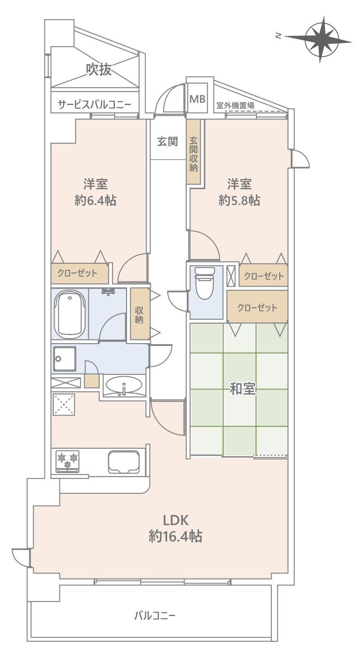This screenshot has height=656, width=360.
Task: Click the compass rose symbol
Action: [x=322, y=39]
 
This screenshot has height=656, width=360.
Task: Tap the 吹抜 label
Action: [x=99, y=70]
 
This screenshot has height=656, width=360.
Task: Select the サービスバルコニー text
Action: [x=94, y=105]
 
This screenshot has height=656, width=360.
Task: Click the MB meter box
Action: [x=197, y=99]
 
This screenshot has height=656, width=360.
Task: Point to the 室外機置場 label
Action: [x=235, y=106]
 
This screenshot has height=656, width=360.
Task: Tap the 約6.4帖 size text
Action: [x=95, y=200]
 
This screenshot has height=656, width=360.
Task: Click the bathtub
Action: [x=70, y=314]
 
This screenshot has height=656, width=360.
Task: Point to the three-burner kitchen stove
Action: [x=68, y=460]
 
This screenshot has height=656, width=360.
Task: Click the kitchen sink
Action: [x=123, y=462]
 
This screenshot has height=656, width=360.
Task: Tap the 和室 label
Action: [x=243, y=389]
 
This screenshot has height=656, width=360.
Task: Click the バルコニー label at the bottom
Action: [x=155, y=615]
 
